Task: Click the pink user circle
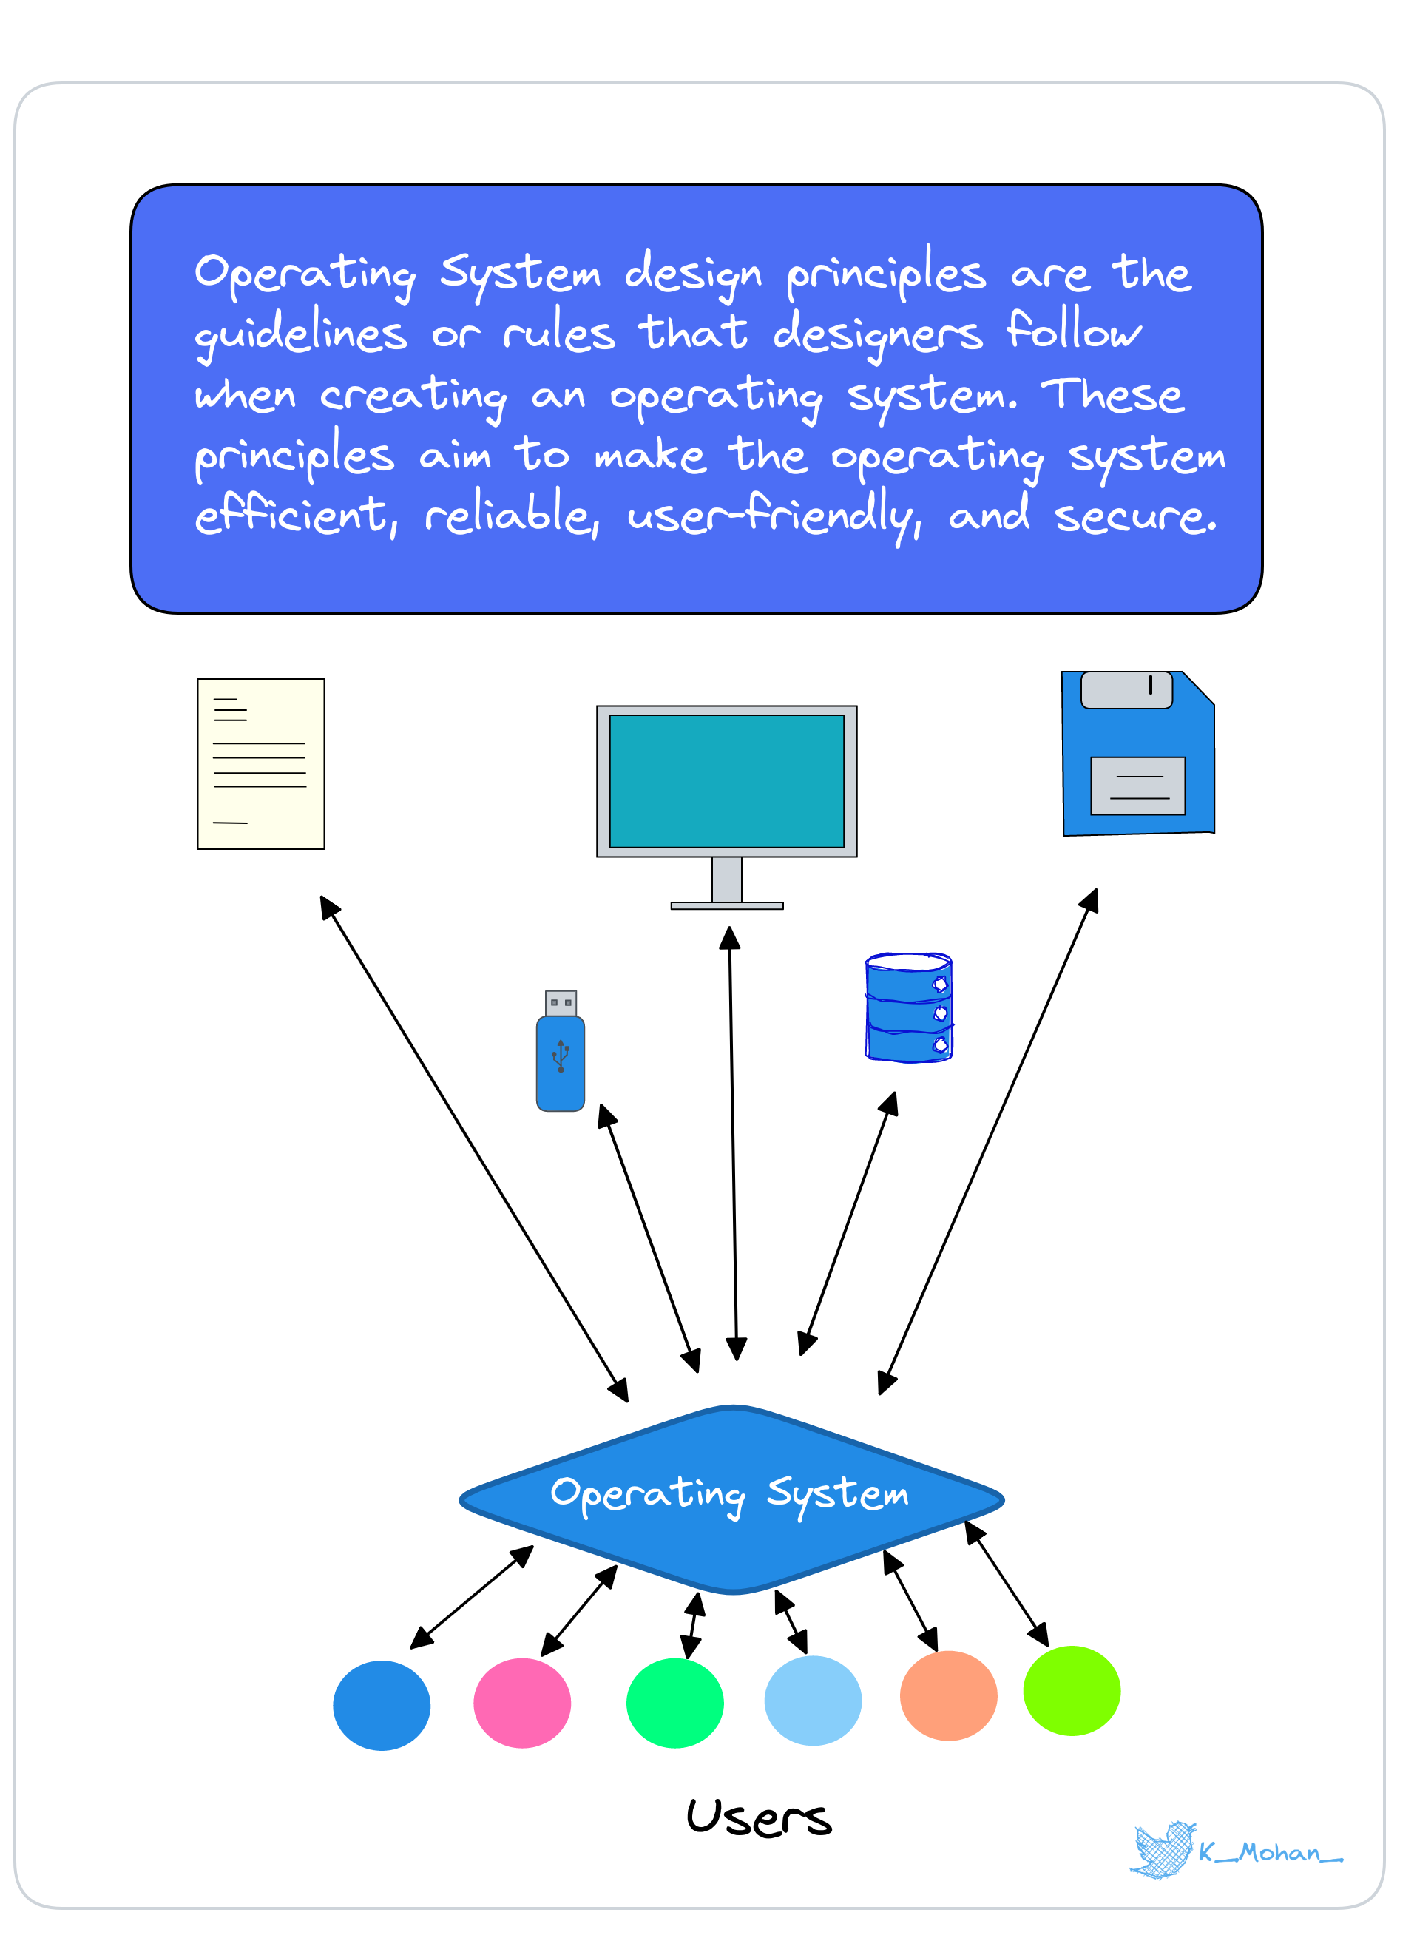point(522,1703)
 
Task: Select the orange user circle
point(949,1695)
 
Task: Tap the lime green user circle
point(1072,1691)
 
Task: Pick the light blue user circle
point(813,1701)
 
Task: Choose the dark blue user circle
point(382,1706)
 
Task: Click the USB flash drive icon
point(561,1051)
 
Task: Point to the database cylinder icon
point(909,1008)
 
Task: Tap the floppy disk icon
point(1138,753)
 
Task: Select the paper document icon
point(261,764)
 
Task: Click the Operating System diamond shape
point(731,1499)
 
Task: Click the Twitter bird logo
point(1164,1851)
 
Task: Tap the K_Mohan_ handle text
point(1271,1853)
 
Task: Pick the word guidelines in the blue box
point(301,334)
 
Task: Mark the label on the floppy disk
point(1138,786)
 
